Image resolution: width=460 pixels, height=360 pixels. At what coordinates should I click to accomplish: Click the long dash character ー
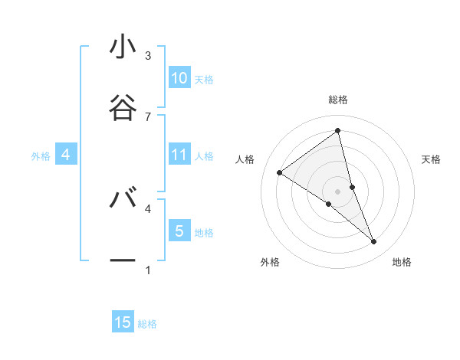(123, 260)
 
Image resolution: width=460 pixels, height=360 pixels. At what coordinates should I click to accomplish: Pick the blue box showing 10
(179, 78)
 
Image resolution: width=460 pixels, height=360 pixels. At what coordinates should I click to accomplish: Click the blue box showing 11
(179, 155)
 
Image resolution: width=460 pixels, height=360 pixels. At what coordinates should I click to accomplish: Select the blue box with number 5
(179, 231)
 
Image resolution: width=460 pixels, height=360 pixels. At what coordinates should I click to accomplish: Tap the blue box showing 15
(123, 322)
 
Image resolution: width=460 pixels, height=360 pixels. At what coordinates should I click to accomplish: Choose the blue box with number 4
(66, 155)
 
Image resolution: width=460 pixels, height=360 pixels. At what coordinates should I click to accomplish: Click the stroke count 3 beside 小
(148, 56)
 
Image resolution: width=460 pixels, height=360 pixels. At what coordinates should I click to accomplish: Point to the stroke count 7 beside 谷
(148, 116)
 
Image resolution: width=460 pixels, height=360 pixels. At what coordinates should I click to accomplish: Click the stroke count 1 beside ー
(148, 270)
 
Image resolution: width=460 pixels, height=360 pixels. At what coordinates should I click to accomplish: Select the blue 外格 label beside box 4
(41, 156)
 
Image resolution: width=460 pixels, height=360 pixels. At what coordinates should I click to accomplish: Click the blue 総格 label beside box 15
(147, 324)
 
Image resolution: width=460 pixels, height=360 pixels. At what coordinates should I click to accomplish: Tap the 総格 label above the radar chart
(338, 100)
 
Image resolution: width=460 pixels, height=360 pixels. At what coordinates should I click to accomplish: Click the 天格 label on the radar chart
(432, 159)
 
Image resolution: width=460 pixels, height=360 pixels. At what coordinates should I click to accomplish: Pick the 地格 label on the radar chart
(402, 262)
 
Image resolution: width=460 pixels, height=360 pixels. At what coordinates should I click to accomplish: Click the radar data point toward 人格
(280, 172)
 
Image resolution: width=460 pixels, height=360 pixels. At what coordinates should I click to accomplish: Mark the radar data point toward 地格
(374, 242)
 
